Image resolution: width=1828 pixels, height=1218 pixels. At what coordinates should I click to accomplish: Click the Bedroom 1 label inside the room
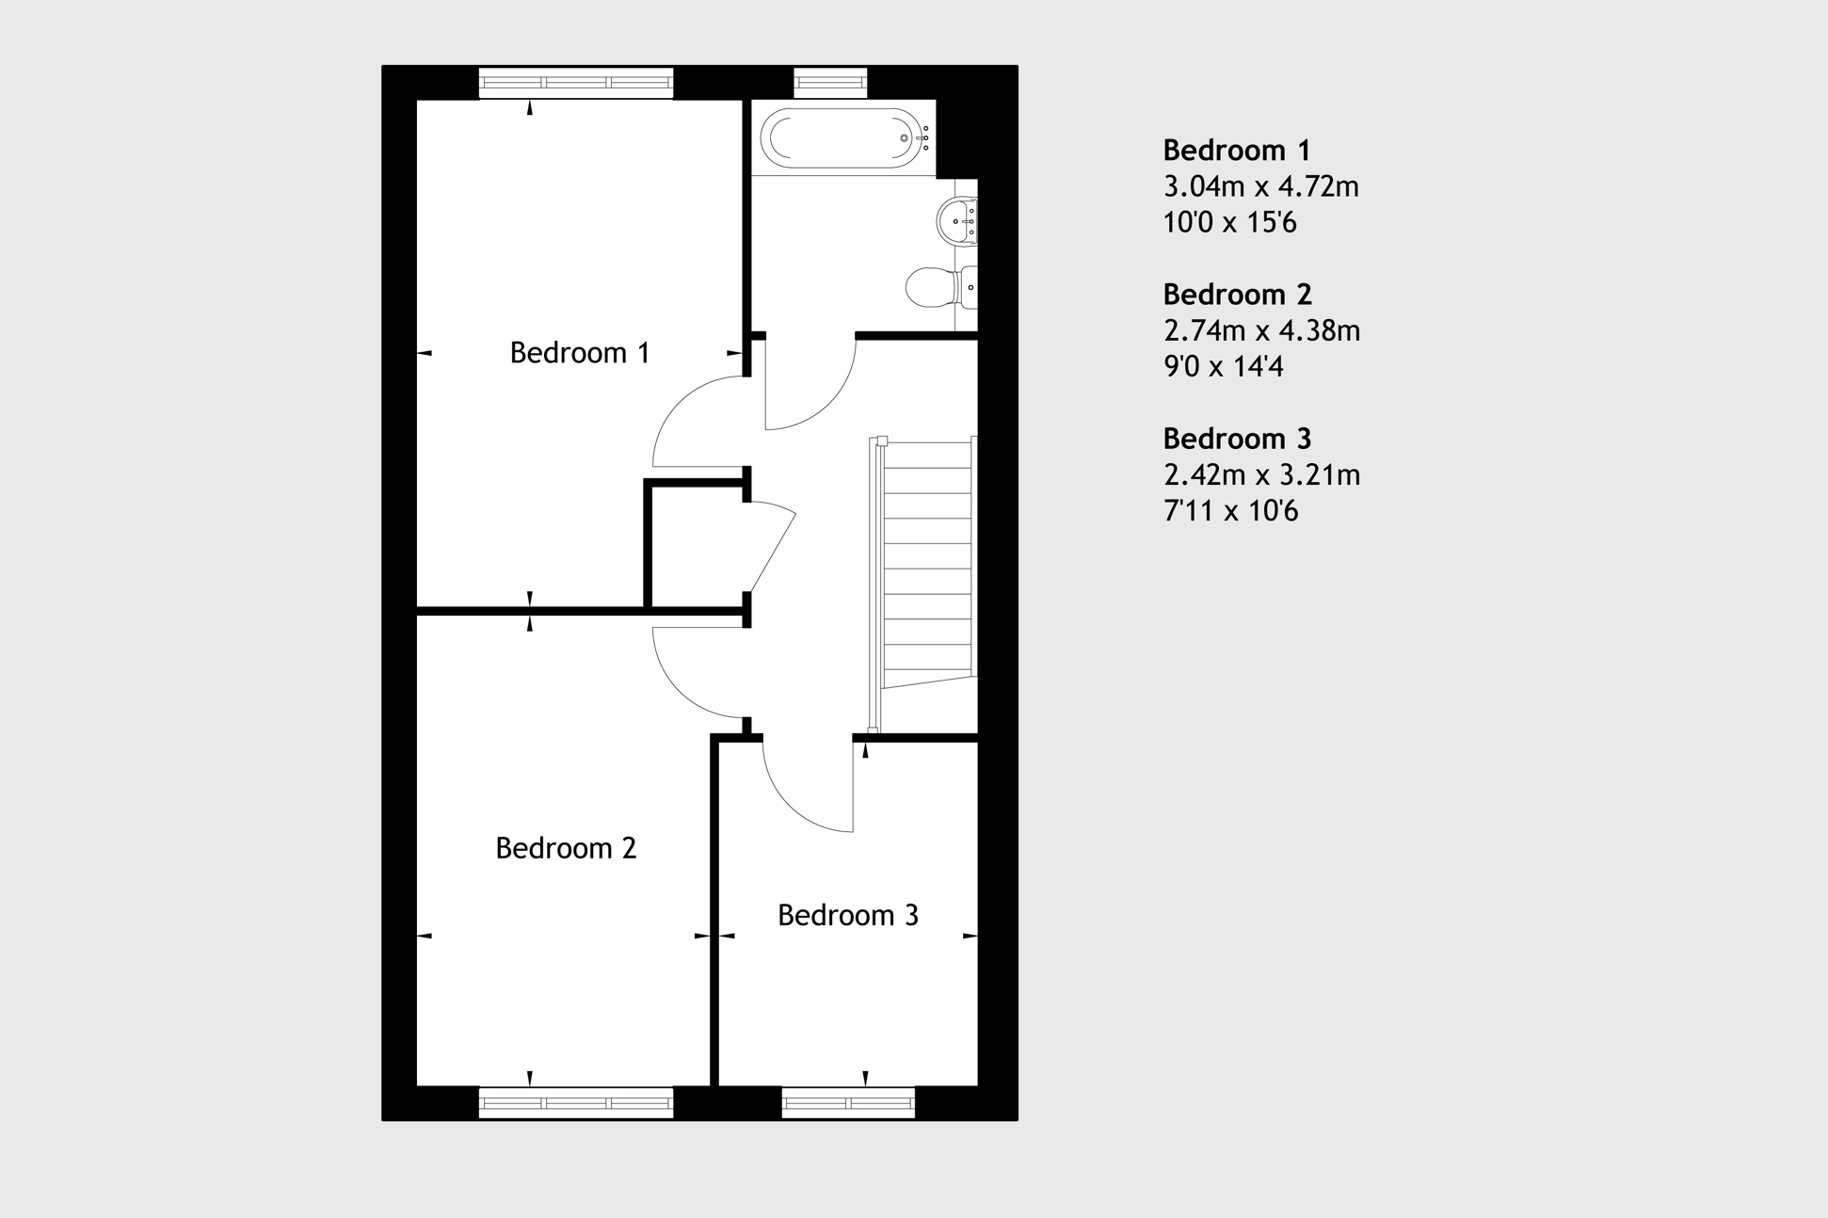pyautogui.click(x=579, y=353)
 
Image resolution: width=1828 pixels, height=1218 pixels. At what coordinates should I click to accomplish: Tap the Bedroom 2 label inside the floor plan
pyautogui.click(x=566, y=848)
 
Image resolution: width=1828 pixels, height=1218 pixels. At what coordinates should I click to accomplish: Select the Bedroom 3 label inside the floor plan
pyautogui.click(x=847, y=915)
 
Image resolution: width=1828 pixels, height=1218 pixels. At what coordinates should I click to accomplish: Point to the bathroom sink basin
pyautogui.click(x=957, y=221)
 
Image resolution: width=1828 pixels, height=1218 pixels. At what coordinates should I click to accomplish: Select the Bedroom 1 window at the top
pyautogui.click(x=576, y=83)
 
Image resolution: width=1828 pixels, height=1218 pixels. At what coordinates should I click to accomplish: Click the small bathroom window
pyautogui.click(x=830, y=83)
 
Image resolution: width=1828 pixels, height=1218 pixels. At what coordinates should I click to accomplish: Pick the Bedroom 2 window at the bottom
pyautogui.click(x=576, y=1102)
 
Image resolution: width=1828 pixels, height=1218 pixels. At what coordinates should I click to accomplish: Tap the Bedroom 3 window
pyautogui.click(x=848, y=1102)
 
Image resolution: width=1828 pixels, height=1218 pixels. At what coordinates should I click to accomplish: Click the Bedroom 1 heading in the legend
pyautogui.click(x=1236, y=151)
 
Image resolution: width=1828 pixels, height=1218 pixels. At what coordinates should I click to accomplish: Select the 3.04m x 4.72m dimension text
pyautogui.click(x=1260, y=186)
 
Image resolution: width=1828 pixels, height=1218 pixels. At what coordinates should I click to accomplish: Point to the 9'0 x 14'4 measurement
pyautogui.click(x=1223, y=366)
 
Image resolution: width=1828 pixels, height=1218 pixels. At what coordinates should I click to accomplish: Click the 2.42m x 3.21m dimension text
pyautogui.click(x=1261, y=474)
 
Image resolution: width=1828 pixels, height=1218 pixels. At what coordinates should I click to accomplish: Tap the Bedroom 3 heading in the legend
pyautogui.click(x=1236, y=439)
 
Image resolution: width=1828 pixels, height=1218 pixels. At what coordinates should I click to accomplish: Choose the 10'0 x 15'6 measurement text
pyautogui.click(x=1229, y=223)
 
